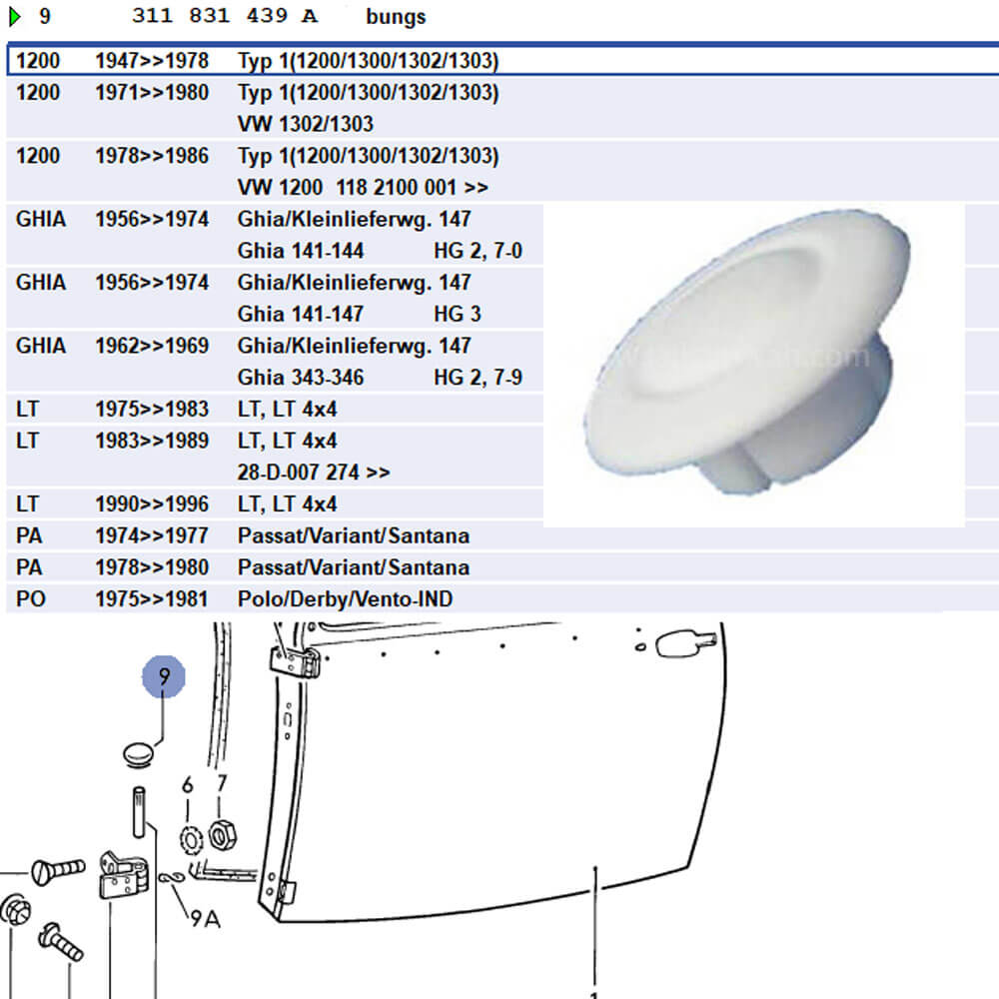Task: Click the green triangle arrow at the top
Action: [15, 17]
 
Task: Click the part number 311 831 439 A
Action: [224, 15]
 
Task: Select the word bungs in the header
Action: [396, 17]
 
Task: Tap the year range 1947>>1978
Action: [152, 61]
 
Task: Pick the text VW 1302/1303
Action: [305, 124]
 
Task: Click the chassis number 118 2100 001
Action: [396, 188]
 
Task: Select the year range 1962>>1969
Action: [152, 346]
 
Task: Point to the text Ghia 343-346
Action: [300, 378]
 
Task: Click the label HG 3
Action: [458, 314]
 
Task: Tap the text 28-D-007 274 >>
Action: [314, 473]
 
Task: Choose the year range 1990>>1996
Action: [152, 503]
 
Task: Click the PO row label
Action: [31, 598]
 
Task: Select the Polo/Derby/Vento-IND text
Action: [345, 598]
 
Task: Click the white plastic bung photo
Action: [746, 351]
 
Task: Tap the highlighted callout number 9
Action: [164, 676]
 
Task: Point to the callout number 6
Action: [188, 785]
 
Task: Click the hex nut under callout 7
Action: [223, 834]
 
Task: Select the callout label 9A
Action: [205, 919]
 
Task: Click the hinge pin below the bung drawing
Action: [139, 812]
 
